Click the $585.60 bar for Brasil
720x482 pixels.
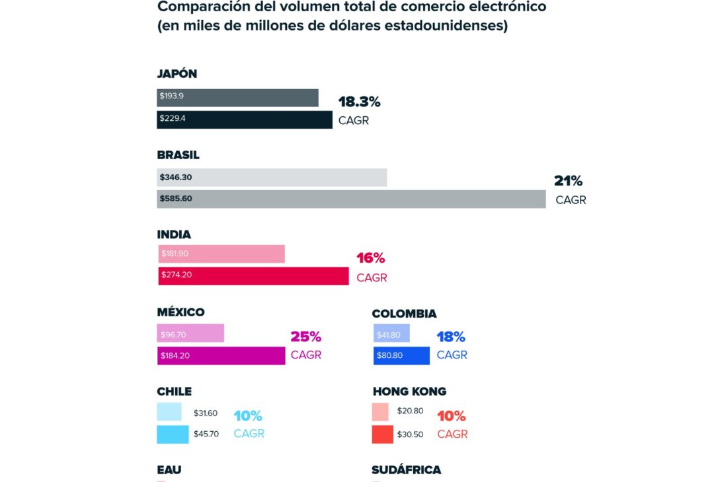point(351,199)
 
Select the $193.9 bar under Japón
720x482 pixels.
point(237,97)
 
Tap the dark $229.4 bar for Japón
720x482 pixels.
point(245,120)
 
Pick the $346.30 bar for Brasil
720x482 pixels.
point(272,177)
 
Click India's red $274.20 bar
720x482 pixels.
point(253,275)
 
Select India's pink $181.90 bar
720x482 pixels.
point(221,254)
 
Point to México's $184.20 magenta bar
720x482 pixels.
point(221,356)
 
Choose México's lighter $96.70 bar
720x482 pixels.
point(191,333)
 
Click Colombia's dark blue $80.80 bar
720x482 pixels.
point(401,356)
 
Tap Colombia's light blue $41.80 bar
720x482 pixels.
point(391,333)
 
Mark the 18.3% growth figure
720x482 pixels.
point(359,102)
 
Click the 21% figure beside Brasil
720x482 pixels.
point(568,182)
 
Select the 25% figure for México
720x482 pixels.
point(305,337)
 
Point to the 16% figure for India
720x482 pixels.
point(370,258)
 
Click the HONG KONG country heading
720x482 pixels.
point(409,392)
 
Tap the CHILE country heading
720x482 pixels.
point(174,392)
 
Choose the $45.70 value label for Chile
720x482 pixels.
point(206,434)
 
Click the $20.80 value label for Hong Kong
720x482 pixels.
point(410,411)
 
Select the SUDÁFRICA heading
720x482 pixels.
point(406,470)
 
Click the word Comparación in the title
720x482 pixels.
point(196,7)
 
